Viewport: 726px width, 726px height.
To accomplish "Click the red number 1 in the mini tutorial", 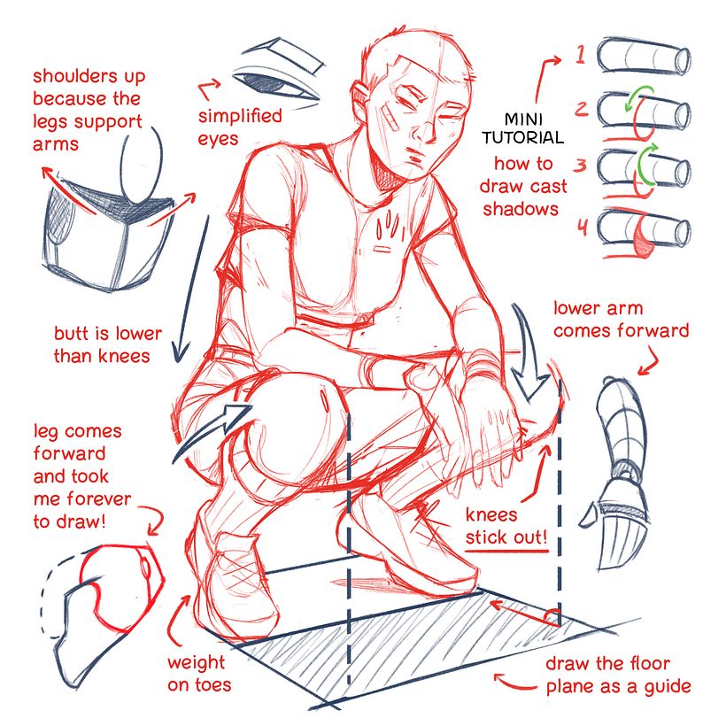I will pyautogui.click(x=580, y=55).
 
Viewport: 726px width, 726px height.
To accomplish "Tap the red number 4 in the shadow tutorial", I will pyautogui.click(x=582, y=228).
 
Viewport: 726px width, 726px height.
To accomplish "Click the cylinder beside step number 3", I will pyautogui.click(x=644, y=168).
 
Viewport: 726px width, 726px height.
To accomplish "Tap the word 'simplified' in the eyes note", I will pyautogui.click(x=239, y=116).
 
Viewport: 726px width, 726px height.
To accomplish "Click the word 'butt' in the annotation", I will pyautogui.click(x=73, y=334).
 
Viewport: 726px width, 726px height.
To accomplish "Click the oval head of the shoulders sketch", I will pyautogui.click(x=143, y=163).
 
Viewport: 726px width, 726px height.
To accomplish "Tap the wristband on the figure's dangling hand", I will pyautogui.click(x=478, y=365).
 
